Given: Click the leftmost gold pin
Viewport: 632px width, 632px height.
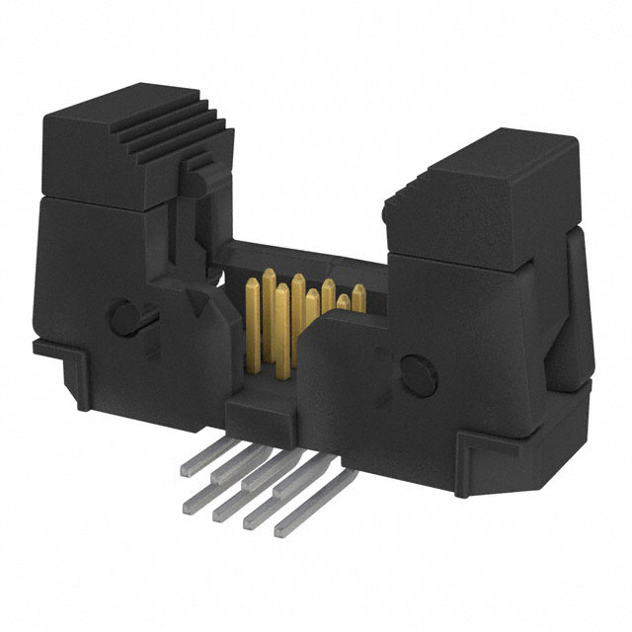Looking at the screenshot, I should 251,314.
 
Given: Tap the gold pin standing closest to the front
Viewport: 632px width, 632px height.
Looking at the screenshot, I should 282,326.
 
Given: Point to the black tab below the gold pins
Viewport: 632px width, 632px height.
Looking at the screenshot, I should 259,405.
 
